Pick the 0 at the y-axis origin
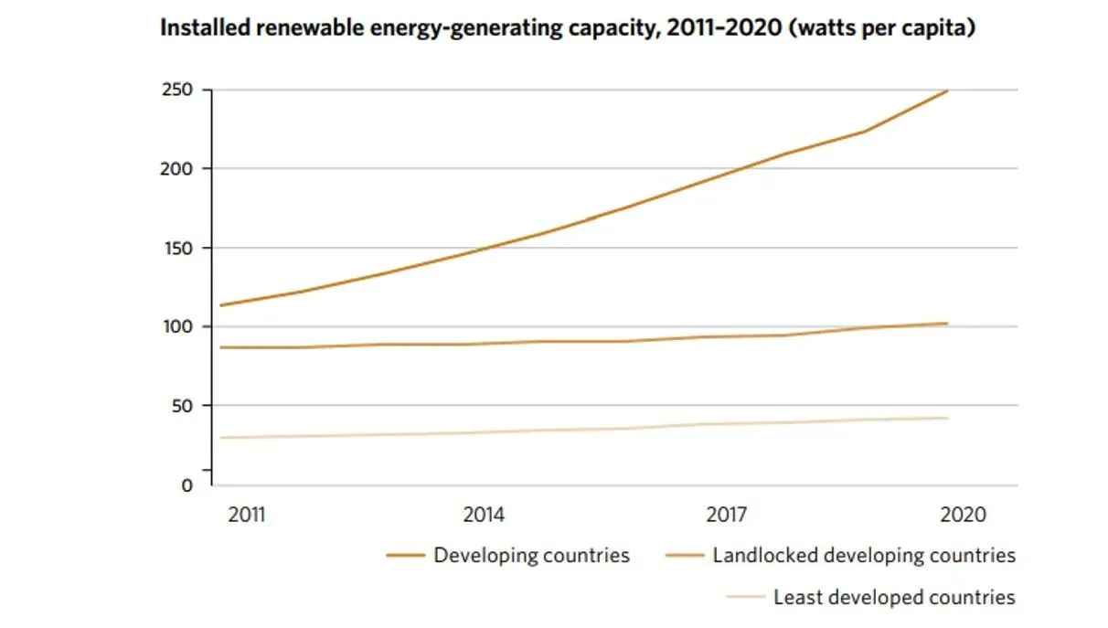pos(186,484)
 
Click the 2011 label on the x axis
pos(247,515)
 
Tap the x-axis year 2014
pos(484,515)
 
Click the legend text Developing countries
pos(531,555)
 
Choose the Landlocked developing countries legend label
pos(864,555)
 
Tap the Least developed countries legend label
pos(893,597)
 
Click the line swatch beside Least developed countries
pos(745,598)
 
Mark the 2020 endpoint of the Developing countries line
pos(948,90)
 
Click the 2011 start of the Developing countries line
pos(221,305)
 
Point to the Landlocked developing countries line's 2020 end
pos(948,323)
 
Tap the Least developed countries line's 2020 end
pos(948,418)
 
